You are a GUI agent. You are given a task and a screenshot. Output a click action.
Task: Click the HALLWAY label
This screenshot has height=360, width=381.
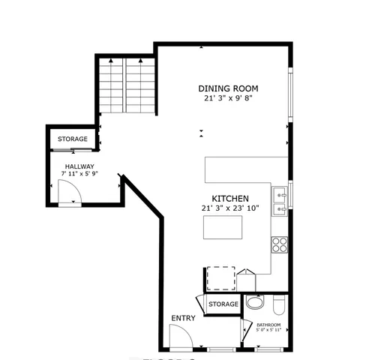click(79, 166)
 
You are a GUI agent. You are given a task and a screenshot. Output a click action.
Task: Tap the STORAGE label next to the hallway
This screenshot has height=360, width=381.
click(73, 139)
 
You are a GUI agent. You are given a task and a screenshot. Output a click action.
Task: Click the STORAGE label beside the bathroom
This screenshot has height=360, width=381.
click(223, 304)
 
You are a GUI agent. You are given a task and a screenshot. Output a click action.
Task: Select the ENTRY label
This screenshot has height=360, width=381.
click(183, 318)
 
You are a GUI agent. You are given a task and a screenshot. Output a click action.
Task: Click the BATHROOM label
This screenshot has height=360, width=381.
click(268, 324)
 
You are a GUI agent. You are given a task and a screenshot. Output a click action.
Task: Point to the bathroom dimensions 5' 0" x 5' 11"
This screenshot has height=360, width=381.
click(268, 330)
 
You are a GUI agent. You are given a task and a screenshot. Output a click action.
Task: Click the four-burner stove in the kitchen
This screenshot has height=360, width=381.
click(279, 244)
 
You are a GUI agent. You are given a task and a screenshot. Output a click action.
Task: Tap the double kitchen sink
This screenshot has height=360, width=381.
click(280, 198)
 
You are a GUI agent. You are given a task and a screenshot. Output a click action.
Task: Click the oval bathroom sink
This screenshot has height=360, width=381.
click(256, 303)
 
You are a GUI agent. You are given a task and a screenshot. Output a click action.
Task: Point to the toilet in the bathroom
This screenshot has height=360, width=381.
click(277, 304)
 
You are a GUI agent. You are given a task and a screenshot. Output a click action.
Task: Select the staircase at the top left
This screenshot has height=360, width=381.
click(124, 85)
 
